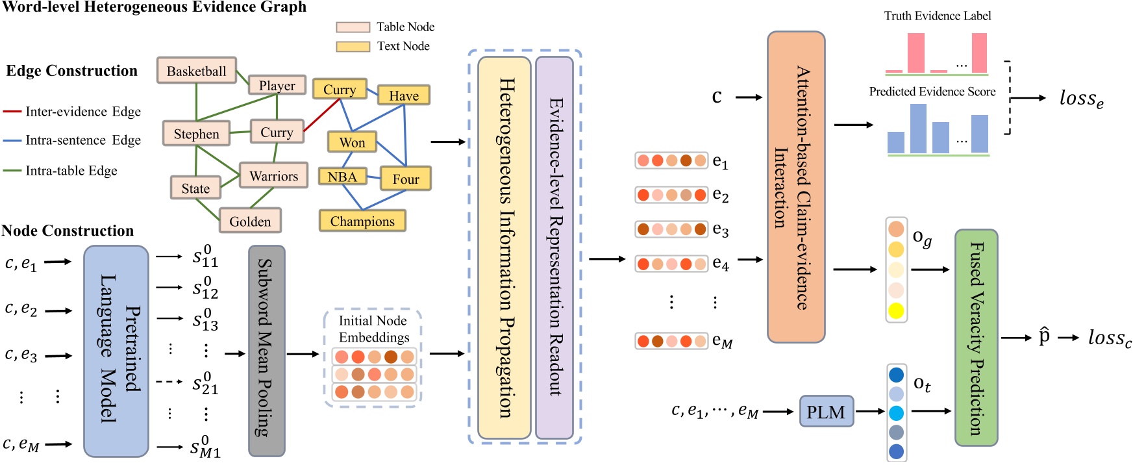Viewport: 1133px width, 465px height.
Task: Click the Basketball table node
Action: [x=196, y=71]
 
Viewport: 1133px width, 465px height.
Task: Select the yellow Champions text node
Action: [x=362, y=221]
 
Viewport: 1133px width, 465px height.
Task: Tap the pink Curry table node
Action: [x=277, y=132]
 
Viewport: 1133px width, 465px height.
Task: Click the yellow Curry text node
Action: [x=340, y=90]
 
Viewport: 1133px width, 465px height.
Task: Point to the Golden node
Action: [x=250, y=221]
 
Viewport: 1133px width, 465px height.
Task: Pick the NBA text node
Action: [x=342, y=177]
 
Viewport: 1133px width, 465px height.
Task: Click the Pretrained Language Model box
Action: [x=116, y=351]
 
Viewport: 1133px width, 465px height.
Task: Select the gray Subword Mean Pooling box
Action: [x=266, y=351]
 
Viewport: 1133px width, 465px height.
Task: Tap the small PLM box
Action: [x=826, y=412]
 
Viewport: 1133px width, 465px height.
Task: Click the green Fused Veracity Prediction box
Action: [x=976, y=338]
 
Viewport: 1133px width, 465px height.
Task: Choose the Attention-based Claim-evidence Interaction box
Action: [x=795, y=187]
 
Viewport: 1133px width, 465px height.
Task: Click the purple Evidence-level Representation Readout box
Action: [x=554, y=247]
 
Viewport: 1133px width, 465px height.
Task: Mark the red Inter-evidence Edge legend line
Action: [x=12, y=112]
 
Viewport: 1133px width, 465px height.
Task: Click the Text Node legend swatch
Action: [x=353, y=47]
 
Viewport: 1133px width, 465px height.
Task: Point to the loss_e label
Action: [x=1081, y=98]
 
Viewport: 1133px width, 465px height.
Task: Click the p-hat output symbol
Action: [x=1044, y=336]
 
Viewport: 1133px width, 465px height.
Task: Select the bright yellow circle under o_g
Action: [x=896, y=310]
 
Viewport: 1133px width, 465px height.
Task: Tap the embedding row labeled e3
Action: [x=671, y=229]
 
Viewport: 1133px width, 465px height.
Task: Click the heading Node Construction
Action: [x=68, y=231]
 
